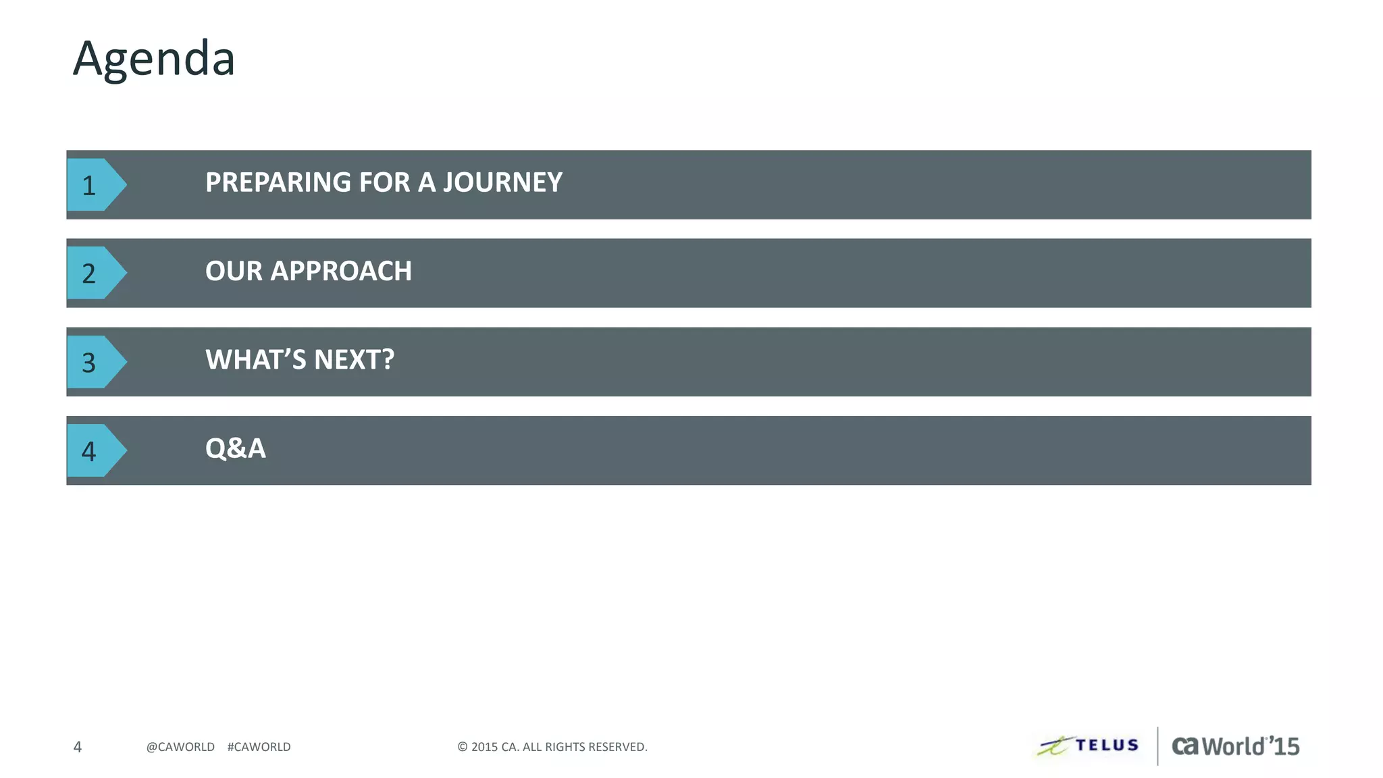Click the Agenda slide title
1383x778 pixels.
pyautogui.click(x=154, y=59)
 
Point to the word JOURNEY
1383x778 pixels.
pyautogui.click(x=502, y=182)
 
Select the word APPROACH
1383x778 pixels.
pyautogui.click(x=341, y=271)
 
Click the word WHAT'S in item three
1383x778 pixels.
pyautogui.click(x=255, y=360)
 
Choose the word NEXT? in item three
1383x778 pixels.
pyautogui.click(x=354, y=360)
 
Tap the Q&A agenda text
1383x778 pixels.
pyautogui.click(x=236, y=448)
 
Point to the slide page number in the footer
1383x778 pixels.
pyautogui.click(x=78, y=747)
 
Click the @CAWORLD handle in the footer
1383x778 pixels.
pyautogui.click(x=180, y=747)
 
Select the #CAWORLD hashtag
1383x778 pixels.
pyautogui.click(x=259, y=747)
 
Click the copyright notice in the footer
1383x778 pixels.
pyautogui.click(x=552, y=747)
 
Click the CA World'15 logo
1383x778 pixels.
pyautogui.click(x=1235, y=746)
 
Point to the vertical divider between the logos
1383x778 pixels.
pyautogui.click(x=1157, y=746)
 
